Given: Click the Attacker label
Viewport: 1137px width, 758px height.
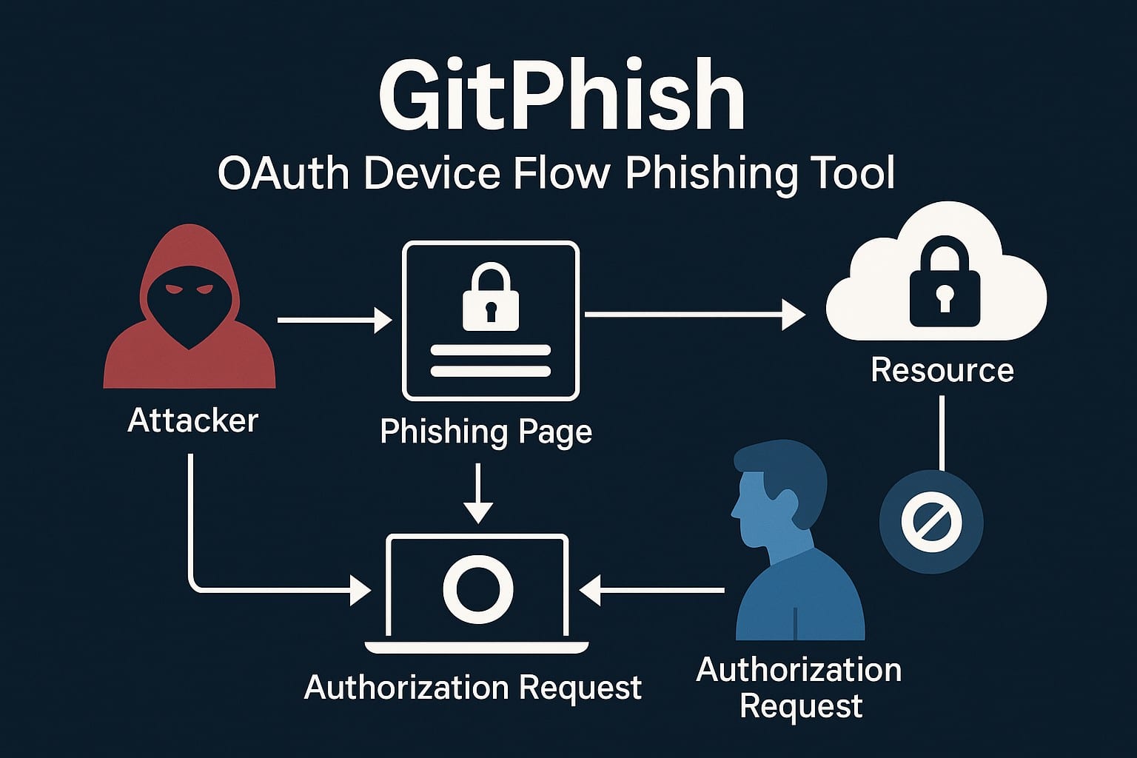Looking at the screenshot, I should [192, 420].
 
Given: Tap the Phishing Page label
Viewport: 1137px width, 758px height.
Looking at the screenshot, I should [486, 432].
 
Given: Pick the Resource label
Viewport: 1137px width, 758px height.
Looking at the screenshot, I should [942, 370].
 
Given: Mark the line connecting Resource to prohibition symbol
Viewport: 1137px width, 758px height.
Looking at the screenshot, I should [942, 433].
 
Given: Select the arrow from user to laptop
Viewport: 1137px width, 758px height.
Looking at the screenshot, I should [651, 591].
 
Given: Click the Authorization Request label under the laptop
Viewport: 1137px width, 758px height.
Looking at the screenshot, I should [472, 688].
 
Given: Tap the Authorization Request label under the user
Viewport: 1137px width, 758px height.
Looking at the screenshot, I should [799, 688].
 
